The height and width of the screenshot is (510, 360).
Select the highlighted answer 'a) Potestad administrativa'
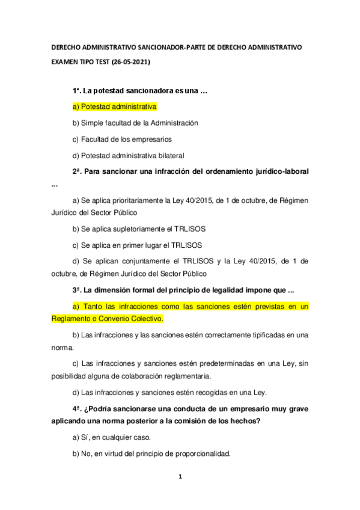pos(114,106)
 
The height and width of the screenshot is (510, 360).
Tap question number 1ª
pos(76,91)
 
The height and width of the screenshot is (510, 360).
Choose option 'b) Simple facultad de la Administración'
pos(135,123)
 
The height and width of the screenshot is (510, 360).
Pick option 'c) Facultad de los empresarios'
pos(117,139)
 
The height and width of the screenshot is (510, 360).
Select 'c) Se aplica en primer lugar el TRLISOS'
pos(137,245)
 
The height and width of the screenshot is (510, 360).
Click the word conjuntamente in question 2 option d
pos(140,261)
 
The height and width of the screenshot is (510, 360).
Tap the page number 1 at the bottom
pos(180,477)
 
